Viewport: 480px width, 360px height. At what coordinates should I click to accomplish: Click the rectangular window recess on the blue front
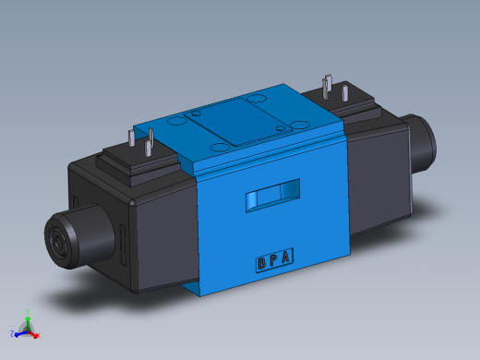pos(271,195)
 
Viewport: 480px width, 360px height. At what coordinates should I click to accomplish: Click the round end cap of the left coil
pos(70,239)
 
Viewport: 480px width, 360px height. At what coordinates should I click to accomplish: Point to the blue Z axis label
pos(13,332)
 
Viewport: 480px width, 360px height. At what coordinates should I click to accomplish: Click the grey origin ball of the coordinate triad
pos(28,330)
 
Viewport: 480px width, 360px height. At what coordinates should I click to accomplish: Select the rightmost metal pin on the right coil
pos(345,93)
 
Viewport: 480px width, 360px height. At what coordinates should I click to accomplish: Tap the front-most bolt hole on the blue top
pos(219,146)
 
